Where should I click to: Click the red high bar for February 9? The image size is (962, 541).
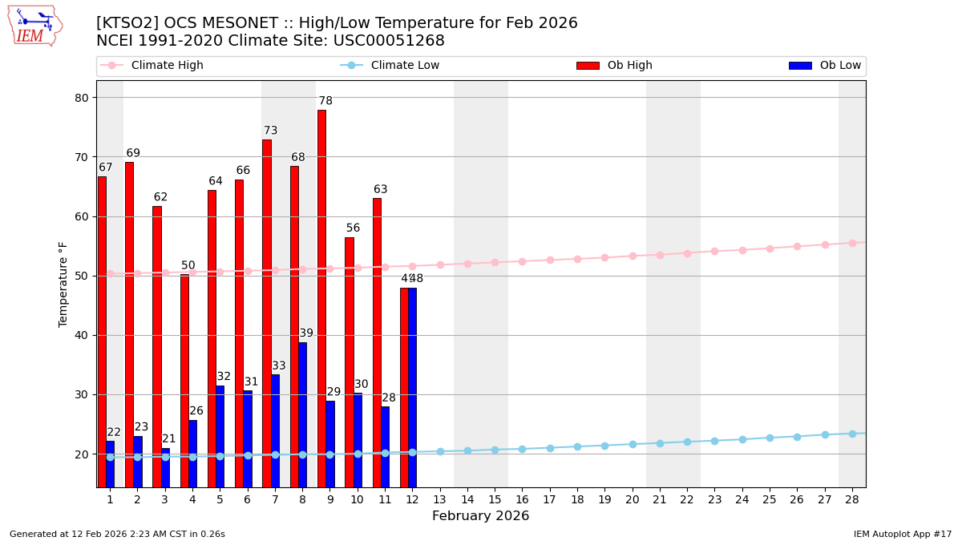click(321, 298)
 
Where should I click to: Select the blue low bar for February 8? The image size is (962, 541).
click(302, 414)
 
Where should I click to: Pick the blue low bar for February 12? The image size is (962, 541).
click(412, 387)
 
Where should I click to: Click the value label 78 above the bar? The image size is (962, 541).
click(325, 101)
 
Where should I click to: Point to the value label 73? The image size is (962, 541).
click(271, 131)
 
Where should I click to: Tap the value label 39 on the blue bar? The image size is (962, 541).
click(306, 333)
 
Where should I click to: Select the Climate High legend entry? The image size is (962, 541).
click(167, 66)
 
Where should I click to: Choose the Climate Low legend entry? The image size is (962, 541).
click(405, 66)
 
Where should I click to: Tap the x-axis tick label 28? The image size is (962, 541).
click(852, 499)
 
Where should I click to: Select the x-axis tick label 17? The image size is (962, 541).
click(549, 499)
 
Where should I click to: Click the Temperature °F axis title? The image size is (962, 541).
click(64, 284)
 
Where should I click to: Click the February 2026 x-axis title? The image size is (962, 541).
click(480, 516)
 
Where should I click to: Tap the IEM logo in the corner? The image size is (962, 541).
click(34, 26)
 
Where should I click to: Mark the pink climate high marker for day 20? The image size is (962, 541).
click(633, 256)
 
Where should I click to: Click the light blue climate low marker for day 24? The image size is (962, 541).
click(742, 439)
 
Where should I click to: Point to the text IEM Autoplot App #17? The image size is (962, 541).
click(903, 534)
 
